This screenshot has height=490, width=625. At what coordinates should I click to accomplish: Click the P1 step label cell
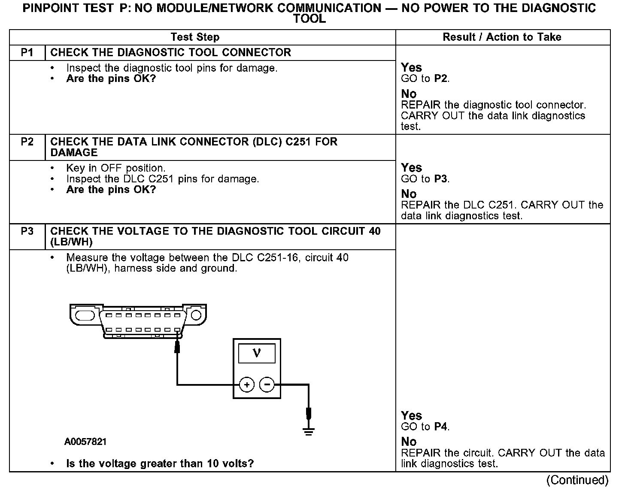coord(27,52)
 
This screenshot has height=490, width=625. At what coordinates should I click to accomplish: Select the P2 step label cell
coord(27,142)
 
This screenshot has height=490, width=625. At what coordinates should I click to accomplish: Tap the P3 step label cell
coord(27,231)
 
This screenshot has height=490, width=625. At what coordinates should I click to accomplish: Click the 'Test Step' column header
coord(195,37)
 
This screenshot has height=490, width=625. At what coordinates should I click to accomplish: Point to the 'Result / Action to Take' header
coord(502,37)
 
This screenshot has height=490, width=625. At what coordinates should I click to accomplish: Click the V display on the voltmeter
coord(257,353)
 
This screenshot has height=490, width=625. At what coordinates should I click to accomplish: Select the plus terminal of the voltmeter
coord(247,385)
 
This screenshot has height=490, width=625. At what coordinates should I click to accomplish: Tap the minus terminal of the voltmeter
coord(267,385)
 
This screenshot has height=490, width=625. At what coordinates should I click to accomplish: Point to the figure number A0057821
coord(86,442)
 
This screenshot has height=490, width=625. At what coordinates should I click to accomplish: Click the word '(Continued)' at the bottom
coord(577,480)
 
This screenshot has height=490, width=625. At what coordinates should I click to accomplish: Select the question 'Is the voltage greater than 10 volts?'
coord(160,463)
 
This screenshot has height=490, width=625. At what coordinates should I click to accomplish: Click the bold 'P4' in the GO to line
coord(441,426)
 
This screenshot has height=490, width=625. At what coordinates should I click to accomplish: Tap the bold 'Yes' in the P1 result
coord(411,67)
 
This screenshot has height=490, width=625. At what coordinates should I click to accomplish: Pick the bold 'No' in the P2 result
coord(409,194)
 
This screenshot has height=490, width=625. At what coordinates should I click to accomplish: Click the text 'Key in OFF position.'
coord(115,168)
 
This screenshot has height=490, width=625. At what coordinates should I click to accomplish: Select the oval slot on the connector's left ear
coord(85,315)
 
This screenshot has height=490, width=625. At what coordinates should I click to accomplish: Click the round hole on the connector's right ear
coord(196,315)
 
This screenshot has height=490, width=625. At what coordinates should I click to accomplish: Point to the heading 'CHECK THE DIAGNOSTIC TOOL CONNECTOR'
coord(170,52)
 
